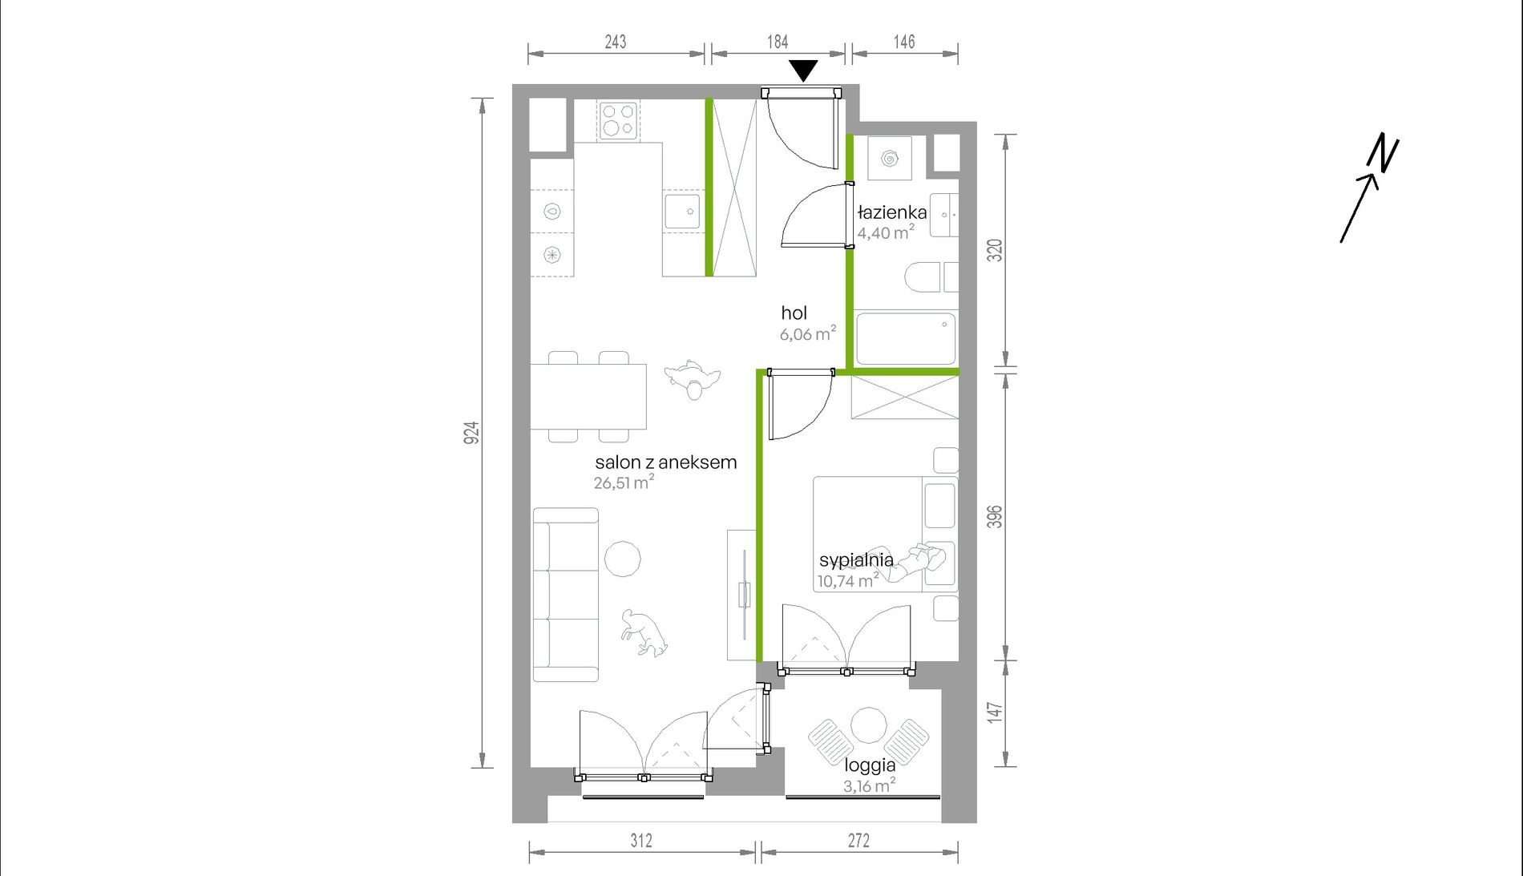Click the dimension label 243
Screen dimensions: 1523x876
(x=616, y=42)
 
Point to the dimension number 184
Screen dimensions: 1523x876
(x=778, y=42)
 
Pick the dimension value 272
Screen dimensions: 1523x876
(x=858, y=840)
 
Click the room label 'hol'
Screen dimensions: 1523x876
(x=794, y=313)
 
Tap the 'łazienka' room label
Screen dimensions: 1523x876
(x=892, y=212)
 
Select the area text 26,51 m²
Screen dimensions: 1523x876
(x=624, y=482)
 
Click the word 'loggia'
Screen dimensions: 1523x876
(x=870, y=765)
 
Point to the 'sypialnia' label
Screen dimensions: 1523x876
(x=856, y=560)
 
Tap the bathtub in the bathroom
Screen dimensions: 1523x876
(x=906, y=338)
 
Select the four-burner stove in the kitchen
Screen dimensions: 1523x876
(x=618, y=120)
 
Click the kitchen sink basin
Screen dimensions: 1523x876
(x=681, y=212)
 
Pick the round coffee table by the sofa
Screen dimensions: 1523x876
(x=622, y=558)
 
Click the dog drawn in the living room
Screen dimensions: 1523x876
(x=644, y=633)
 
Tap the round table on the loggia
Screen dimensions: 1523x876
(x=868, y=726)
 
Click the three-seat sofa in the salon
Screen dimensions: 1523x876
(x=566, y=594)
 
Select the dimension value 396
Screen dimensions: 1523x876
(x=994, y=516)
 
